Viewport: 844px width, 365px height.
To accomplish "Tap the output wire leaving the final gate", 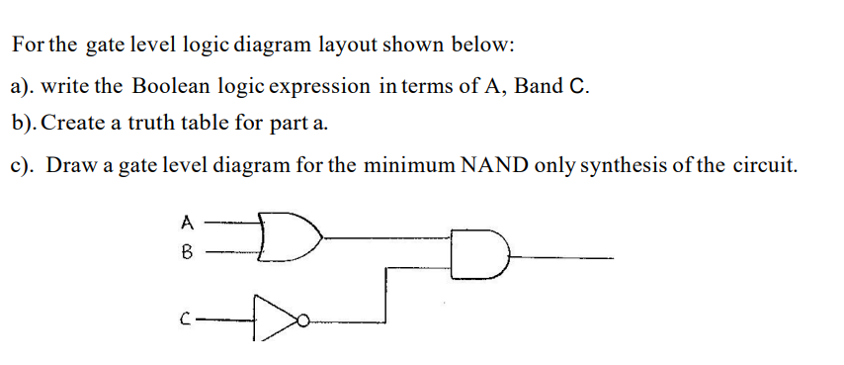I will click(x=563, y=258).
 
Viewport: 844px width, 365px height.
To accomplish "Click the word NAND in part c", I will click(x=494, y=164).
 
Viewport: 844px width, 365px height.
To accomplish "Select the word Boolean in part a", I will click(x=170, y=86).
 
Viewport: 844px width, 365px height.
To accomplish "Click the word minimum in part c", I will click(x=407, y=164).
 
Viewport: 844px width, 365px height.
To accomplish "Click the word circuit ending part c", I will click(x=763, y=164).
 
